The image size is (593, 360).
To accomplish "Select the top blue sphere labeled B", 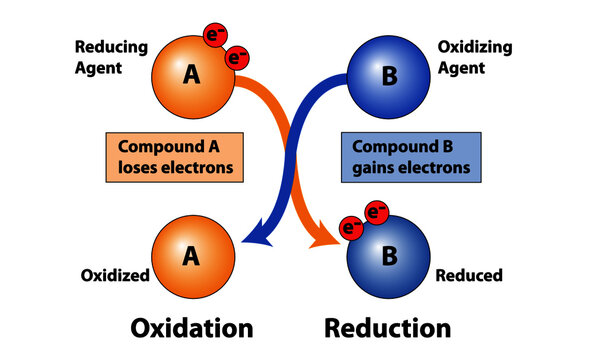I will [390, 76].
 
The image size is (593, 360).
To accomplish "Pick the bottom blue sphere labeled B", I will [390, 256].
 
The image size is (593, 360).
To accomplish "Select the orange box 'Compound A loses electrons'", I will [175, 157].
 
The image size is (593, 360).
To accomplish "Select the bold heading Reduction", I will [388, 328].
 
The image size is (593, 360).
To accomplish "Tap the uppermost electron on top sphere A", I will [215, 36].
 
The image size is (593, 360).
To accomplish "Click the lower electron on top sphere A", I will [237, 59].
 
